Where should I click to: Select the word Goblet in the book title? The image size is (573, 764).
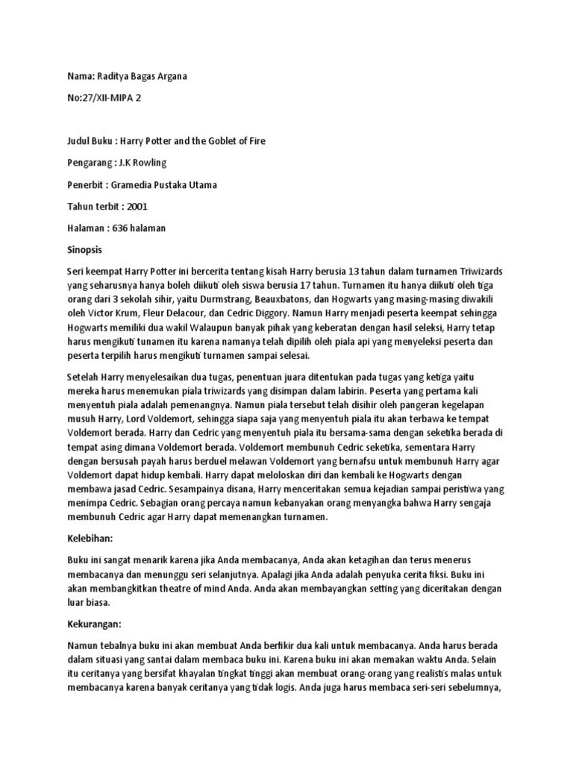tap(211, 141)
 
